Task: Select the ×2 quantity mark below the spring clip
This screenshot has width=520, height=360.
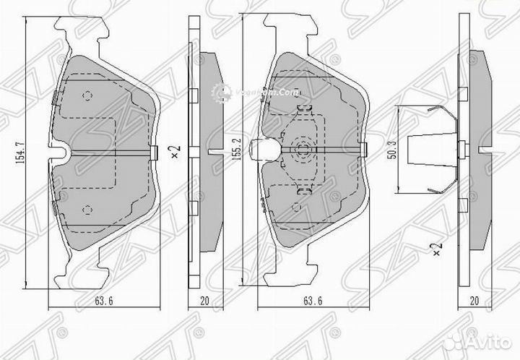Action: click(435, 249)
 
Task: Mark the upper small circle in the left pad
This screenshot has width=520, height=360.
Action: click(87, 95)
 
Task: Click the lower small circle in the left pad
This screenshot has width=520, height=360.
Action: click(87, 209)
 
